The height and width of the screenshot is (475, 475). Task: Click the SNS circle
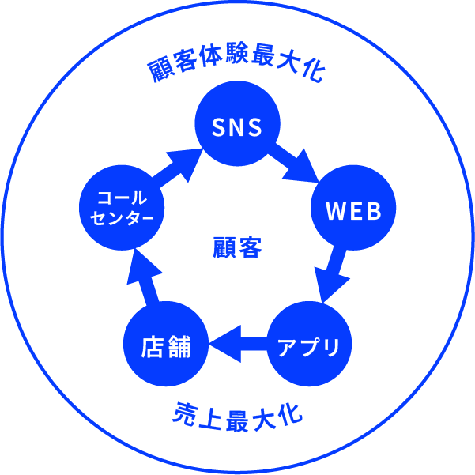pyautogui.click(x=236, y=126)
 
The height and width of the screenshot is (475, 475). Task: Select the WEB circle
pyautogui.click(x=353, y=211)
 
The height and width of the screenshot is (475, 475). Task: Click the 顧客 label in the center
pyautogui.click(x=237, y=247)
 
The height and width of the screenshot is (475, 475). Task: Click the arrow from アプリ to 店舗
pyautogui.click(x=237, y=344)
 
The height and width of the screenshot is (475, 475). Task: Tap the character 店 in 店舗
pyautogui.click(x=153, y=345)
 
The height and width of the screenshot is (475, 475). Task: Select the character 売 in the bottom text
pyautogui.click(x=183, y=412)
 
